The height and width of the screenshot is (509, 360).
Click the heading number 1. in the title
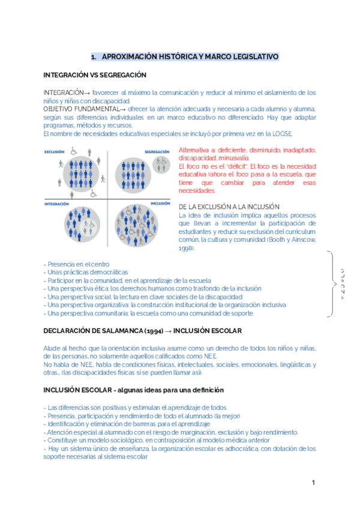coord(94,57)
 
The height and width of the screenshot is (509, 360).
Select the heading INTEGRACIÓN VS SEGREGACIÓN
coord(95,75)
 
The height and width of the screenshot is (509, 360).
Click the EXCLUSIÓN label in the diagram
coord(54,152)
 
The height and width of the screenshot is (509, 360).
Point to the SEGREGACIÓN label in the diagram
coord(158,152)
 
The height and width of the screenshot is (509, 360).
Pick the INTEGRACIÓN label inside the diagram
coord(56,203)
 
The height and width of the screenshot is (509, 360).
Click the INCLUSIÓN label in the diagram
coord(160,203)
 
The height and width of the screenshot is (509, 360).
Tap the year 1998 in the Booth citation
coord(186,247)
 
